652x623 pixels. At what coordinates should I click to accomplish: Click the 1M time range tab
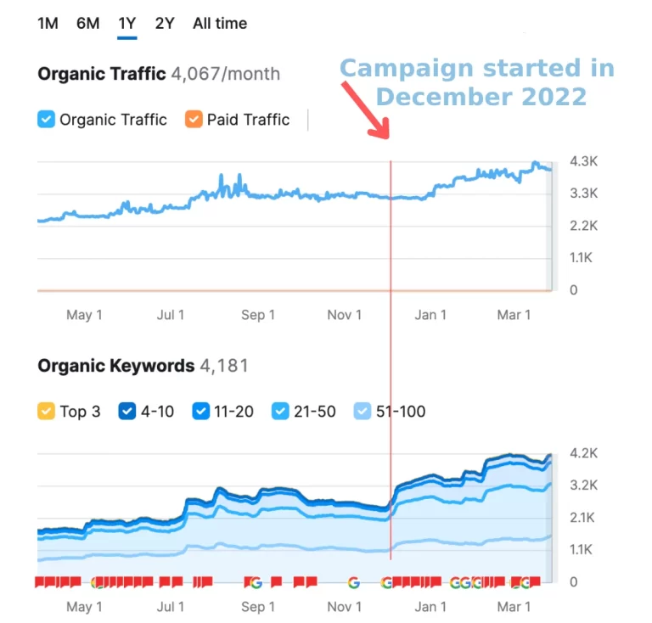tap(48, 23)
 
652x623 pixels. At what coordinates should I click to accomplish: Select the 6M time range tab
tap(87, 23)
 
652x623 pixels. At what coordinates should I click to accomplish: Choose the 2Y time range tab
tap(165, 23)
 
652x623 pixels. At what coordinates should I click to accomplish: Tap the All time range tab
tap(219, 23)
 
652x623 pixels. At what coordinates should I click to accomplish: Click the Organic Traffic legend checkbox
tap(47, 120)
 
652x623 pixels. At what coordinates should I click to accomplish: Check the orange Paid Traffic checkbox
tap(194, 120)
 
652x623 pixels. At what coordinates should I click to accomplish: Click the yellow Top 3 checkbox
tap(47, 412)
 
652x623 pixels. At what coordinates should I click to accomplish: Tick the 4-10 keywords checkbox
tap(127, 412)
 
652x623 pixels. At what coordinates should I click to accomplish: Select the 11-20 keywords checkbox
tap(201, 412)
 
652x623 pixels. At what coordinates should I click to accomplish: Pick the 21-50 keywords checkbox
tap(280, 412)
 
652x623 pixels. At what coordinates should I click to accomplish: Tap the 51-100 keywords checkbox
tap(363, 412)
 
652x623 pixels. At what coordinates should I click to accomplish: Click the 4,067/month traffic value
tap(225, 74)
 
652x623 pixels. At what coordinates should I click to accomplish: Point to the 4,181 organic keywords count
tap(224, 366)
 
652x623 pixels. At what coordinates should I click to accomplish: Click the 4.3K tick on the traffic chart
tap(584, 161)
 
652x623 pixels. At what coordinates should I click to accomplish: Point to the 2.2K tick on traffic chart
tap(584, 226)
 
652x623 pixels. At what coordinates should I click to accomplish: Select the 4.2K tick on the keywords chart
tap(584, 453)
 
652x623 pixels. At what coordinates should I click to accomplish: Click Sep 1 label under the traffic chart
tap(258, 315)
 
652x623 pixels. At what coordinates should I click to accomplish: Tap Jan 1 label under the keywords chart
tap(430, 607)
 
